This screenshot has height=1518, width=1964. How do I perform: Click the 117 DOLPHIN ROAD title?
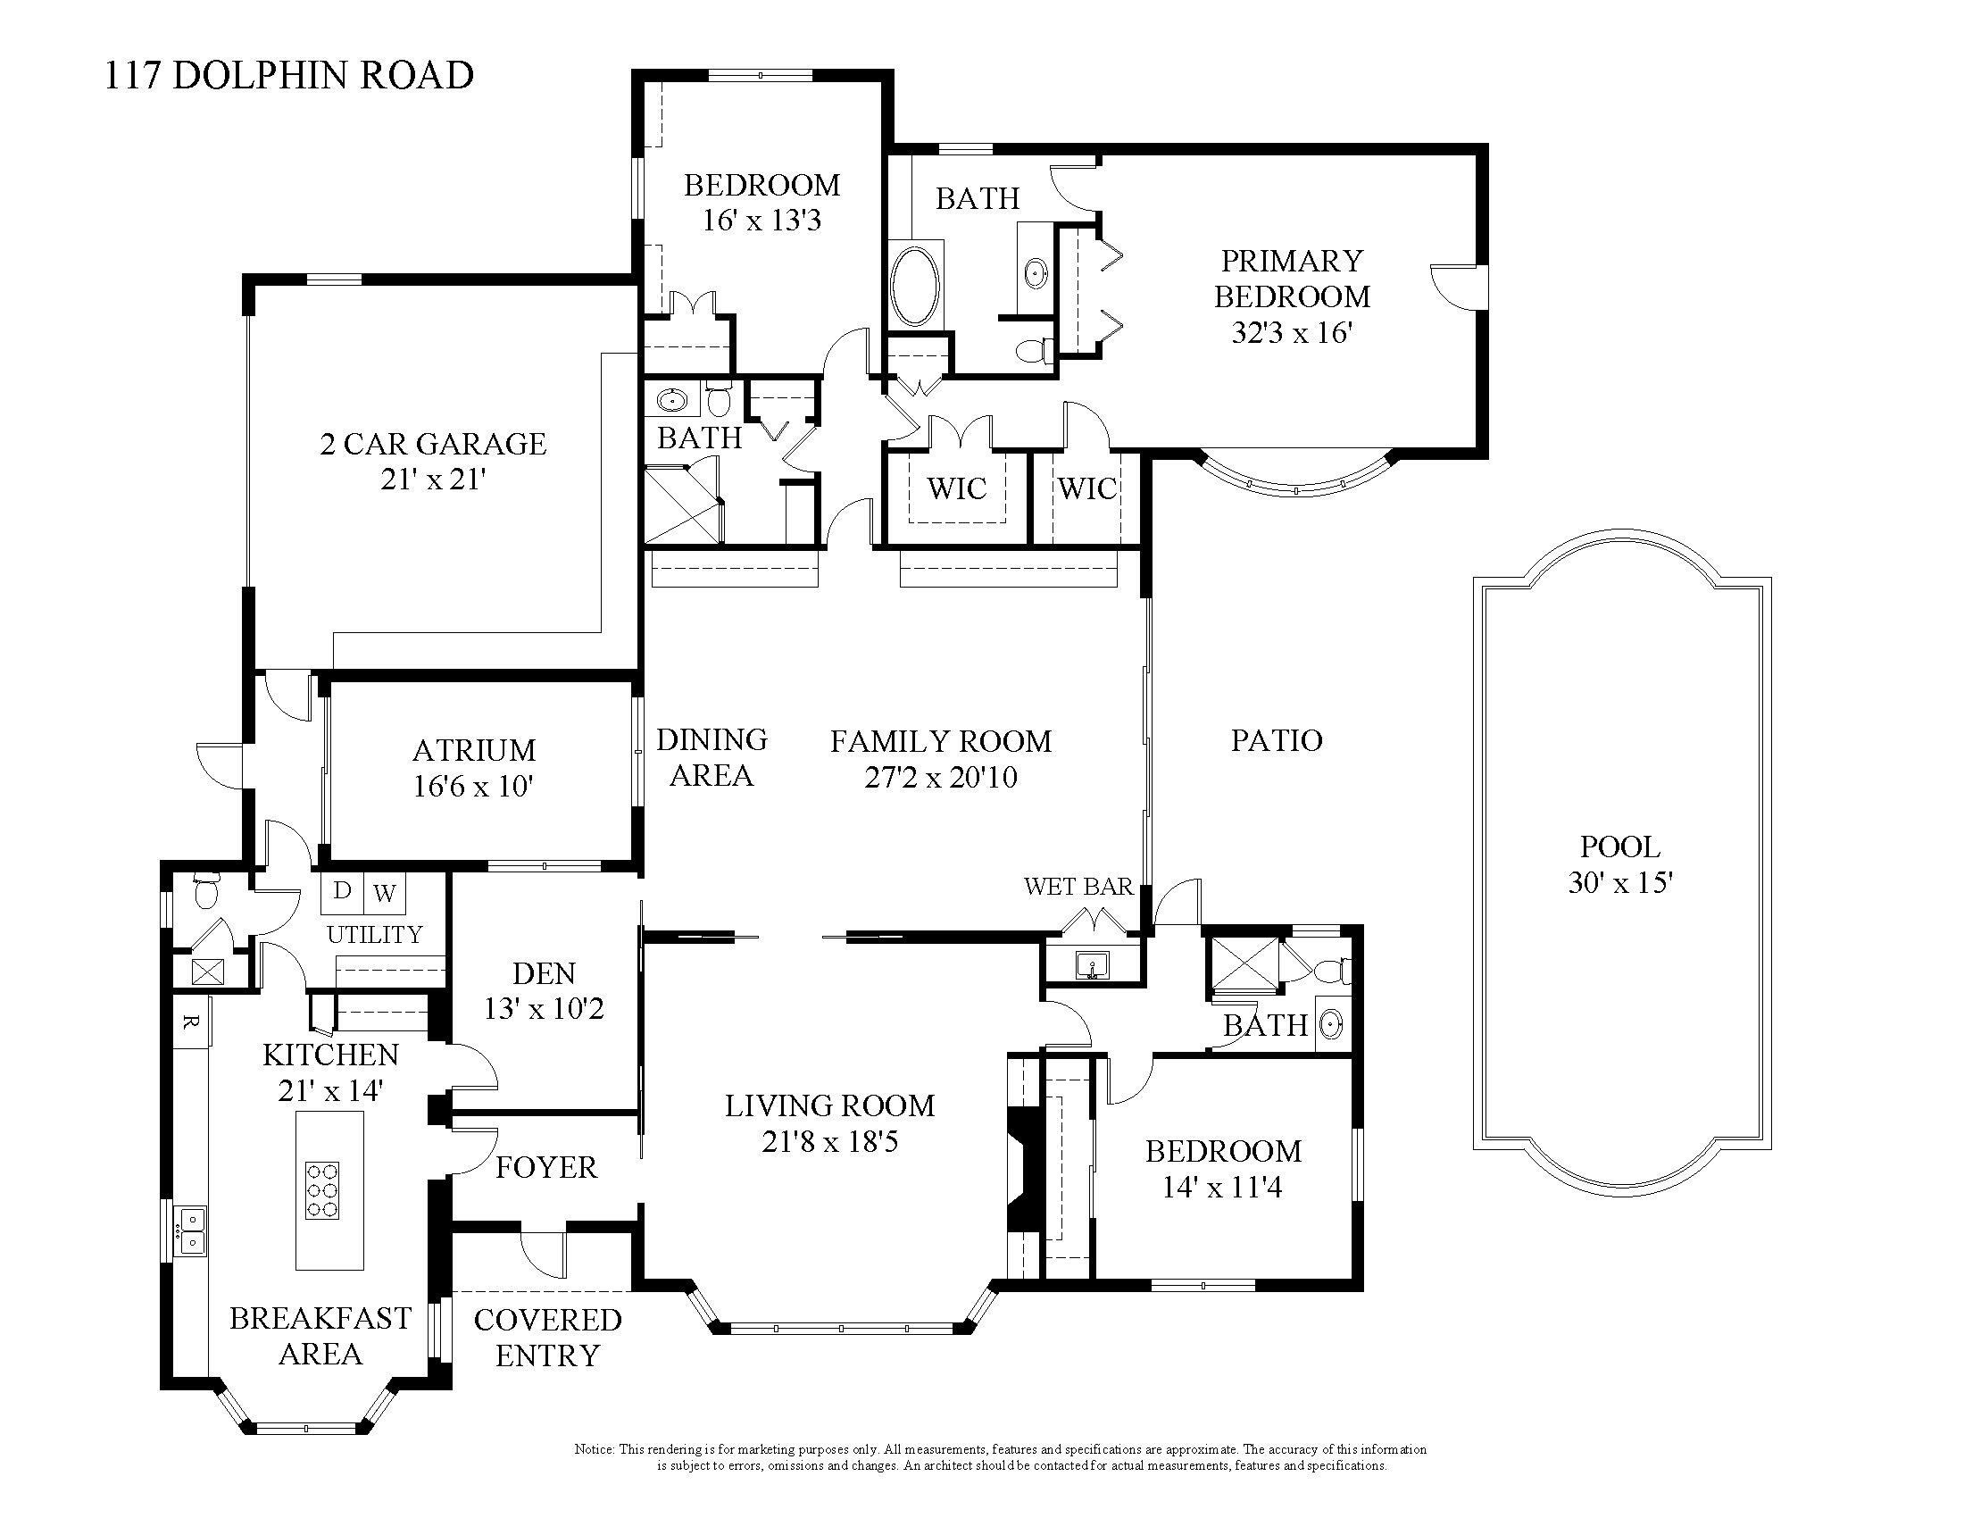coord(288,76)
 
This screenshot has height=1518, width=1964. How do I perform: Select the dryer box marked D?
coord(342,891)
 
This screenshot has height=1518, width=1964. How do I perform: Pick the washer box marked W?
coord(384,893)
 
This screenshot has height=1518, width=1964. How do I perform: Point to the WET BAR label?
coord(1078,887)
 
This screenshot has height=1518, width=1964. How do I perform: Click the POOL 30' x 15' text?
coord(1619,864)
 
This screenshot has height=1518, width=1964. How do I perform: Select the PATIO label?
coord(1276,740)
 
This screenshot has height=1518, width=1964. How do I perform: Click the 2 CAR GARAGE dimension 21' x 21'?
coord(433,480)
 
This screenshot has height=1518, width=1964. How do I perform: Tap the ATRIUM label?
coord(474,749)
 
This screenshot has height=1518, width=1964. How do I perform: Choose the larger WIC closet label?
coord(957,489)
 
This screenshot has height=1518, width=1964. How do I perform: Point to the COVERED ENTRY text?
coord(547,1338)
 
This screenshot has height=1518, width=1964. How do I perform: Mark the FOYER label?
coord(545,1167)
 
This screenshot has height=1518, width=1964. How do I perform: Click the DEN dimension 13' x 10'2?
coord(544,1009)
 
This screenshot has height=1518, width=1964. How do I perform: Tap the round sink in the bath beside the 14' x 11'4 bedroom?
coord(1331,1023)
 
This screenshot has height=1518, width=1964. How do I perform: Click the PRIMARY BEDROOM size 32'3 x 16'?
coord(1293,334)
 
